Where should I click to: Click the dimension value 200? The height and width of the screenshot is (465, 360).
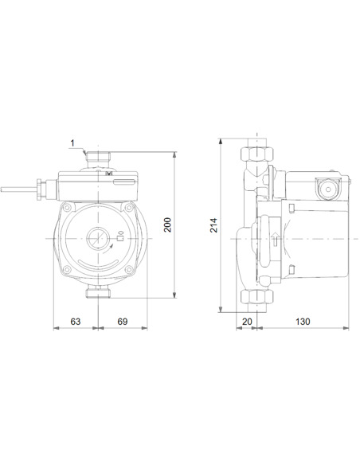tap(168, 225)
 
